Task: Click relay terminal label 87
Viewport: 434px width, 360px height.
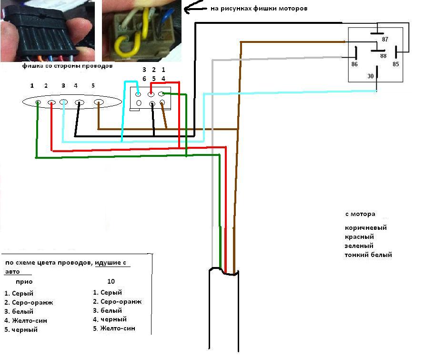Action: pyautogui.click(x=385, y=39)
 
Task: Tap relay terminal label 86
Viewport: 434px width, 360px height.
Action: pyautogui.click(x=354, y=63)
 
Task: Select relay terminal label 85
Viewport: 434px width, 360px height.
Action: pyautogui.click(x=396, y=63)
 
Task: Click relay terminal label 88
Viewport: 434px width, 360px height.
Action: pyautogui.click(x=383, y=55)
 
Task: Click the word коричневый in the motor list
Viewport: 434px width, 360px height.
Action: pyautogui.click(x=365, y=227)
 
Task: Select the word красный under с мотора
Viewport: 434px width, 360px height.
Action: pyautogui.click(x=359, y=237)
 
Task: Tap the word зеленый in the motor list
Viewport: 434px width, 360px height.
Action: pyautogui.click(x=359, y=246)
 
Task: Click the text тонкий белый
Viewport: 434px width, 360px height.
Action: pyautogui.click(x=368, y=255)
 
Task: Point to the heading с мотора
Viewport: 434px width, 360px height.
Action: pyautogui.click(x=360, y=214)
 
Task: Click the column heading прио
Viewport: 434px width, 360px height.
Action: pyautogui.click(x=24, y=282)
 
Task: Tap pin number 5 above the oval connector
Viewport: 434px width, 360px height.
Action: pyautogui.click(x=93, y=85)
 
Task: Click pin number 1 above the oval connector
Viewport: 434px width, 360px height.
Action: pyautogui.click(x=32, y=85)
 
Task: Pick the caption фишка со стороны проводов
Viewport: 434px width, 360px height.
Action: pyautogui.click(x=67, y=66)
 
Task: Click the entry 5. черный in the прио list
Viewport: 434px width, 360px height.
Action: pyautogui.click(x=21, y=329)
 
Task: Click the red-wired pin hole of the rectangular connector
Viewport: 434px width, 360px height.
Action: pyautogui.click(x=151, y=94)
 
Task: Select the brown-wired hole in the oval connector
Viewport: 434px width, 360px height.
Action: pyautogui.click(x=98, y=102)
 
